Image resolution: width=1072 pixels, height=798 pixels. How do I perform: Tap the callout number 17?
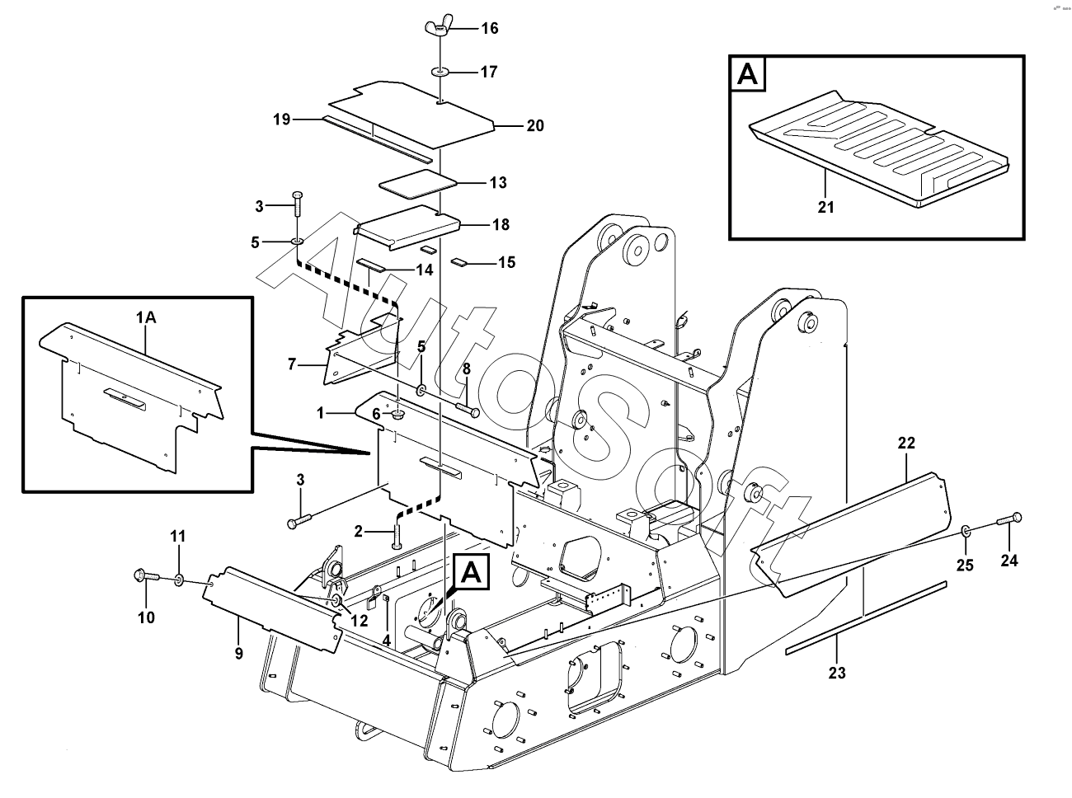489,72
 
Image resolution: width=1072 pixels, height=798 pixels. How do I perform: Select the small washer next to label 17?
440,73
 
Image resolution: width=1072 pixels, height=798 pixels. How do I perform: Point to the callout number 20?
535,126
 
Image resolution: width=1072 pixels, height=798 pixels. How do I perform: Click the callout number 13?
498,183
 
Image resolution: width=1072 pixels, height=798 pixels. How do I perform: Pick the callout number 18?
500,224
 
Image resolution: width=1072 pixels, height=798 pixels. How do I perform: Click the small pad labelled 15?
459,263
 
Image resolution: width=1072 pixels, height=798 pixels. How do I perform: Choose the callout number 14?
424,270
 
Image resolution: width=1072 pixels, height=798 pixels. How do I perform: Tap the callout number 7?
292,364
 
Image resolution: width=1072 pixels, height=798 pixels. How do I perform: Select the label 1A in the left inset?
146,317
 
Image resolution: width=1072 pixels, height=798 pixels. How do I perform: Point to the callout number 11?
179,537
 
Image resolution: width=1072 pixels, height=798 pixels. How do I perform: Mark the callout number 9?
239,654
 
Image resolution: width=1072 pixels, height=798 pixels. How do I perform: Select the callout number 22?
906,444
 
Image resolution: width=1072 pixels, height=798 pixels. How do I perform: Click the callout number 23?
837,673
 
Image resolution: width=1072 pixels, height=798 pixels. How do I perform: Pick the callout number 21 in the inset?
826,207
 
